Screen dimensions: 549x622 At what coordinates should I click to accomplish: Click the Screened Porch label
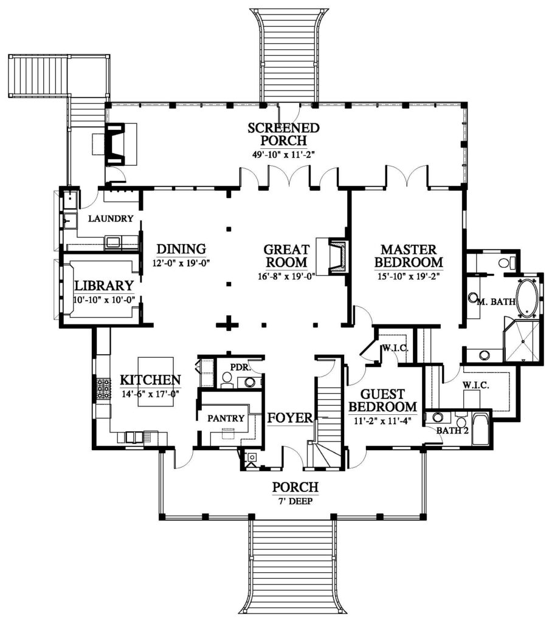coord(283,134)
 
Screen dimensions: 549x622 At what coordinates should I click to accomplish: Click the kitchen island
coord(156,381)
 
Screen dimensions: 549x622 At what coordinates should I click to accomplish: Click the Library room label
coord(104,285)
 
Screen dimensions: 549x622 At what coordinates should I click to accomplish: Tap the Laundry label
coord(111,218)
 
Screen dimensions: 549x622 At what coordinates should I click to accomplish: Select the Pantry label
coord(226,418)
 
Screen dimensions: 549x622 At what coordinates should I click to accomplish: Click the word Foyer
coord(290,418)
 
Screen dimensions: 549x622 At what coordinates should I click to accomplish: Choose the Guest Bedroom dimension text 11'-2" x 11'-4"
coord(382,421)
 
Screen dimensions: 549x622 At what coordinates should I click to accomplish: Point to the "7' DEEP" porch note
coord(295,501)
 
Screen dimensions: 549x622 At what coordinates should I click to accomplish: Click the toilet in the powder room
coord(227,379)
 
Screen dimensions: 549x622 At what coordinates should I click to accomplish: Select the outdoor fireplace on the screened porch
coord(115,143)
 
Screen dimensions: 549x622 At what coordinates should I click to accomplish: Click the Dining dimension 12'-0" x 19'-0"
coord(181,262)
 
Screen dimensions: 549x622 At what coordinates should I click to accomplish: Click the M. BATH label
coord(496,302)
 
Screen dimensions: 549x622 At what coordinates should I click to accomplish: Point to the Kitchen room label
coord(150,380)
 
